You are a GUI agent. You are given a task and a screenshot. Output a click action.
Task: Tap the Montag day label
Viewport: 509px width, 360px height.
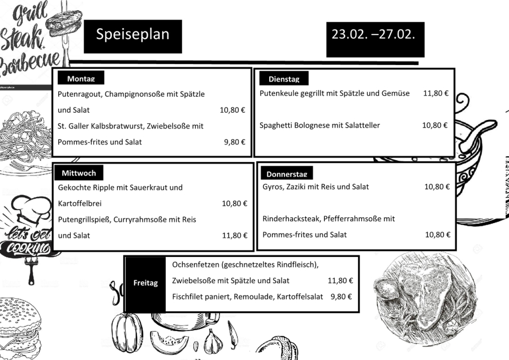[80, 79]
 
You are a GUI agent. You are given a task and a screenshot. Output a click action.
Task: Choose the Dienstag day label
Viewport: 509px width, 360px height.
[284, 79]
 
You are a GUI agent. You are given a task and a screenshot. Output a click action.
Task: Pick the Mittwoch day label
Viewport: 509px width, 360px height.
[79, 173]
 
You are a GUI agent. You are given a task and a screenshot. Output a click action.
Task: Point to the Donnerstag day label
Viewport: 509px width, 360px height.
[287, 174]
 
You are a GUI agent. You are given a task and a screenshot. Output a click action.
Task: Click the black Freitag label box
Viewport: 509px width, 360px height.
[145, 283]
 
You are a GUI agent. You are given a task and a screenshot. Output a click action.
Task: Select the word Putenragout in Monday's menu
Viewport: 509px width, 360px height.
[79, 94]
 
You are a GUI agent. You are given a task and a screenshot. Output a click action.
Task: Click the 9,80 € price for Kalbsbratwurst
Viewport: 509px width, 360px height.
[234, 142]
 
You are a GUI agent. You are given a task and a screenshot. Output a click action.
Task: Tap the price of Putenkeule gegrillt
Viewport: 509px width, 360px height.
[435, 93]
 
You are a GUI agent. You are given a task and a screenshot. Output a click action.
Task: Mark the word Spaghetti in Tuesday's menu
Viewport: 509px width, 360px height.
[275, 125]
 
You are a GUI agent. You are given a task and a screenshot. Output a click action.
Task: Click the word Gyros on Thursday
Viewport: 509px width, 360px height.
[273, 187]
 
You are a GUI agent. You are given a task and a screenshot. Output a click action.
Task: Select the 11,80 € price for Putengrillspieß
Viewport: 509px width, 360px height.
[234, 235]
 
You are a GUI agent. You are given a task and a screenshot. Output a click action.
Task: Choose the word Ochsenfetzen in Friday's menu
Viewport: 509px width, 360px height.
[196, 264]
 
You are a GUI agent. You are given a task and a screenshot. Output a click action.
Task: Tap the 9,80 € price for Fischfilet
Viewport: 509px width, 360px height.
[341, 297]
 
